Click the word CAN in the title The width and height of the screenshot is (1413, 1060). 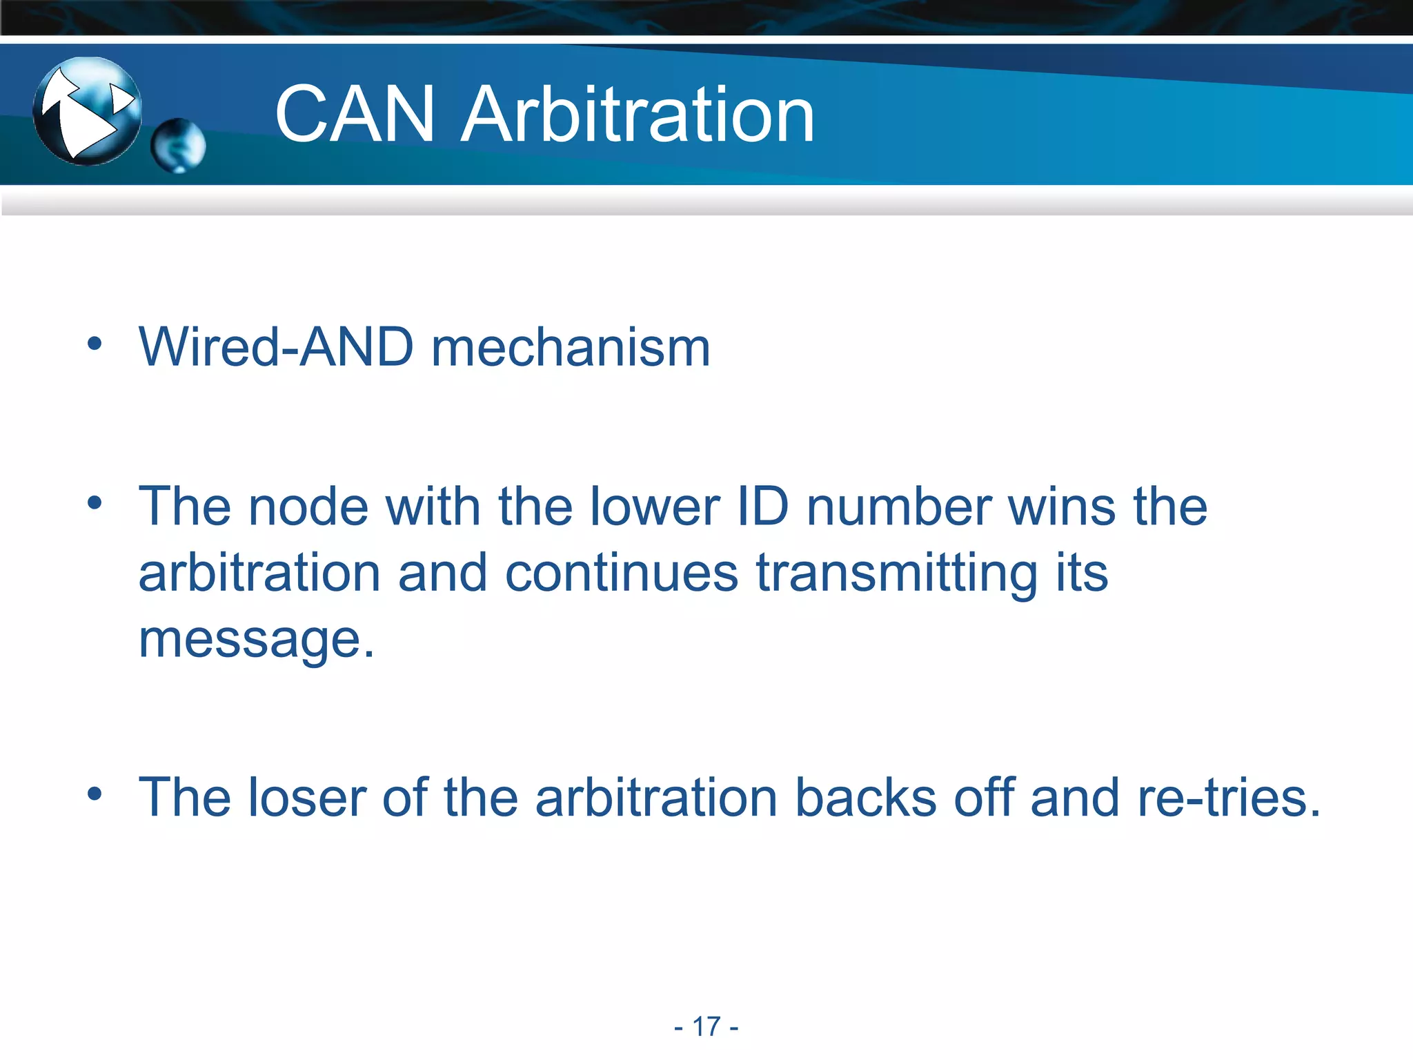point(355,115)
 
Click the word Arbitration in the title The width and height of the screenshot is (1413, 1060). point(638,115)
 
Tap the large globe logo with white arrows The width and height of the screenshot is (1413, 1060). point(87,111)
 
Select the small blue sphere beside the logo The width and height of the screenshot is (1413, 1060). point(178,146)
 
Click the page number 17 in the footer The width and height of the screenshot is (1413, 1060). point(706,1026)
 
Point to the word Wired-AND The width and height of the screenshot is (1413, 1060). point(276,346)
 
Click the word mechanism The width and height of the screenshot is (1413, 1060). point(571,346)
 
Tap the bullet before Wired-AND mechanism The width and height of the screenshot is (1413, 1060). point(95,344)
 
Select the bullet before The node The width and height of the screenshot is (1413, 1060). point(95,502)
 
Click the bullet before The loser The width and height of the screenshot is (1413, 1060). point(95,794)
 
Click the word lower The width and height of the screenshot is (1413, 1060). point(655,507)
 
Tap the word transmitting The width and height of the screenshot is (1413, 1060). point(897,574)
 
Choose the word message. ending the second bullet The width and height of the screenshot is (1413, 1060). point(256,640)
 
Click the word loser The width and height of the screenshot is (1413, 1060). point(306,798)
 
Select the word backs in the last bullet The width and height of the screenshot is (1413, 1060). point(865,798)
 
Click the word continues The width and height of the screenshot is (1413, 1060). point(622,573)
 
